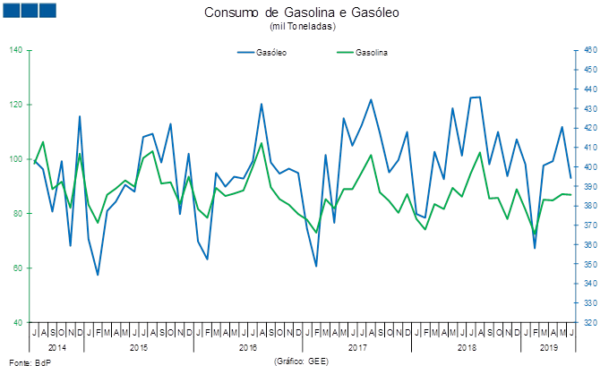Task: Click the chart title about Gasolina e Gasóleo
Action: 302,13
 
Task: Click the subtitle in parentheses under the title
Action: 302,27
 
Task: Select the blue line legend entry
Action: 262,53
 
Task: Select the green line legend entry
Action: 363,53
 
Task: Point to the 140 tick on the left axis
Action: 16,50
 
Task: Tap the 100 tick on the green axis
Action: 16,159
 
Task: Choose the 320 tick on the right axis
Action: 589,323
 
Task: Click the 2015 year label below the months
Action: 139,346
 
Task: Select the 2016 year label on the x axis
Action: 248,346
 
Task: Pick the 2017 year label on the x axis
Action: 357,346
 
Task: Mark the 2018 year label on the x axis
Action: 467,346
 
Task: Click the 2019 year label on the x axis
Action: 548,346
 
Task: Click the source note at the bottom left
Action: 29,362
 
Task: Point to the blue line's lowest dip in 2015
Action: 98,275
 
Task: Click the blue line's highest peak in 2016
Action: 262,105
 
